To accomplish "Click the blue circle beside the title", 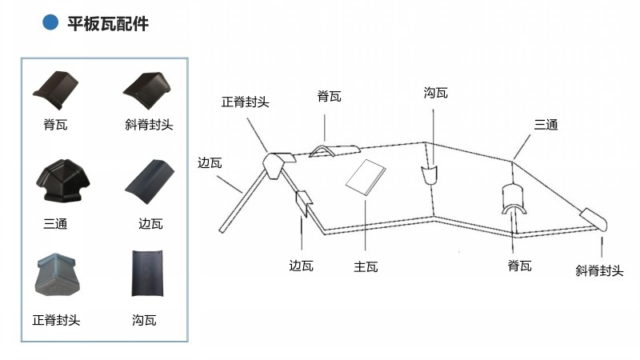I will (x=50, y=23).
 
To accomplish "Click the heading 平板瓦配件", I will (x=108, y=24).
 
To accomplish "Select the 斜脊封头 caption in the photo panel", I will (x=150, y=125).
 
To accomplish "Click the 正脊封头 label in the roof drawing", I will (x=246, y=102).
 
